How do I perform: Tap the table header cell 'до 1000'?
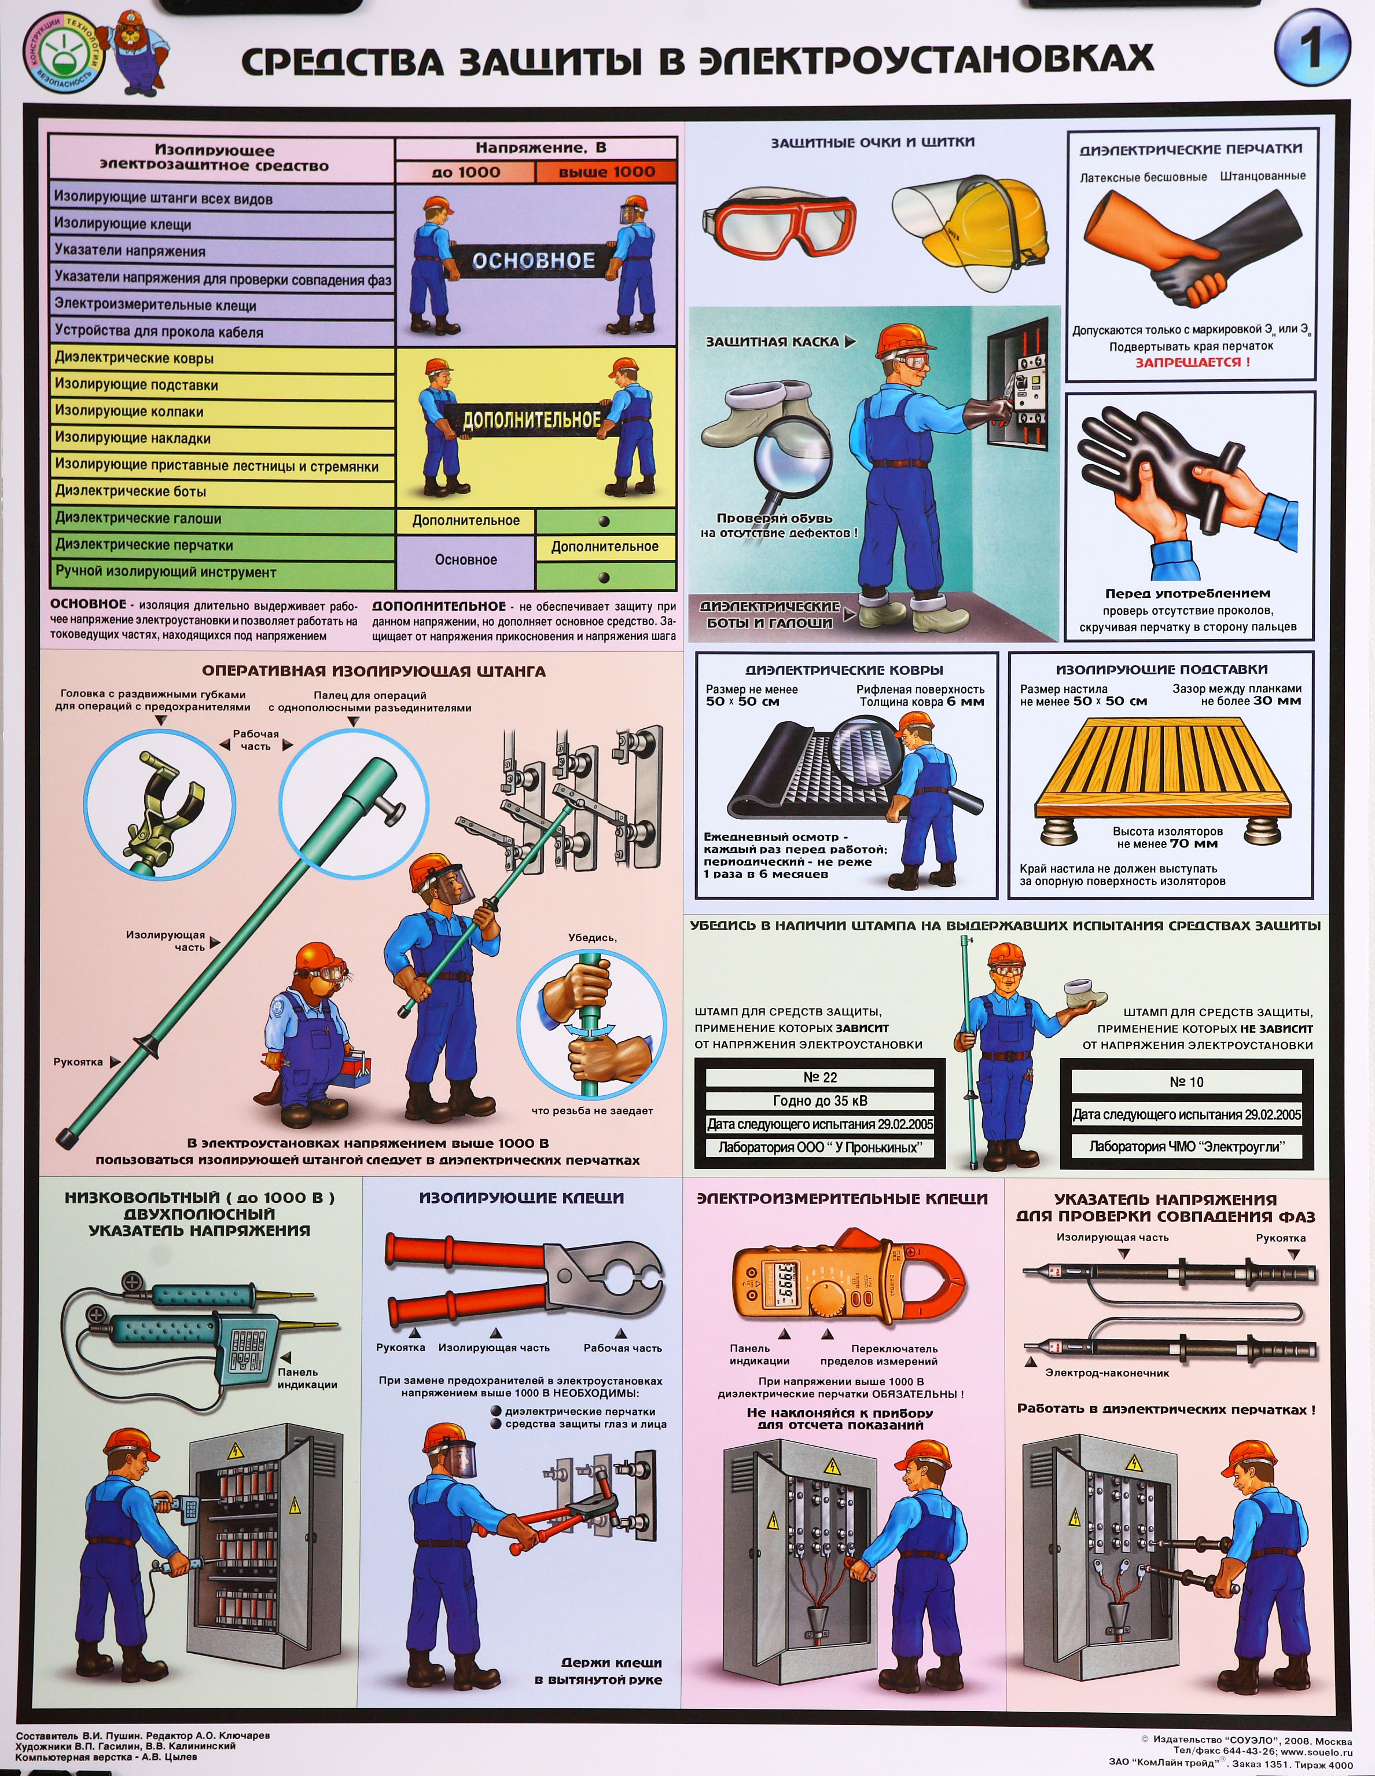point(465,171)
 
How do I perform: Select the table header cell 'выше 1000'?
point(606,171)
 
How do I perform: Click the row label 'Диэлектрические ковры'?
point(134,358)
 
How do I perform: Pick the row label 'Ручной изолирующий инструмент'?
point(166,572)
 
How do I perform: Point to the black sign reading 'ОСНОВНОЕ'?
point(534,260)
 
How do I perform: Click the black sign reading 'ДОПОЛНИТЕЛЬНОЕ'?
point(532,420)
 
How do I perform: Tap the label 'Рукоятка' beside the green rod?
point(78,1062)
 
